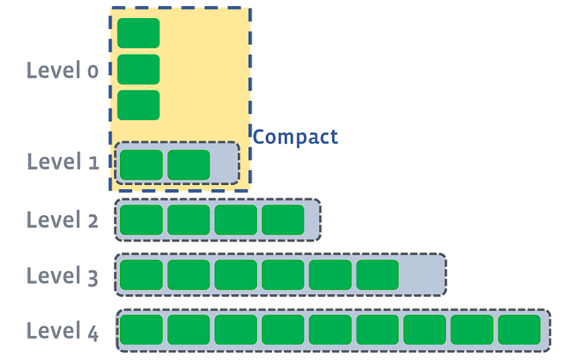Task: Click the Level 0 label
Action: tap(62, 70)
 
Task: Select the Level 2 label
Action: tap(62, 220)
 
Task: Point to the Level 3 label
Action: tap(62, 276)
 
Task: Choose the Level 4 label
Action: tap(62, 331)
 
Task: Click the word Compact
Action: tap(295, 137)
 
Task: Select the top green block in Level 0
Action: tap(138, 33)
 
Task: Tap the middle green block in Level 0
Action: tap(138, 69)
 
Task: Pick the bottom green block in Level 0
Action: tap(138, 105)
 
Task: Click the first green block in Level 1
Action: tap(141, 165)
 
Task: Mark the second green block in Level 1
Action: tap(188, 165)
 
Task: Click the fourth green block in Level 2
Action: tap(283, 220)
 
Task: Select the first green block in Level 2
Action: tap(141, 220)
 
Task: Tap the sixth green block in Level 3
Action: tap(377, 275)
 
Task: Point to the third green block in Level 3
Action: tap(236, 275)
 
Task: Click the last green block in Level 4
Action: tap(519, 330)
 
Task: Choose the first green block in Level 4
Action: tap(141, 330)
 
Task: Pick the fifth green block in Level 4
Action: tap(330, 330)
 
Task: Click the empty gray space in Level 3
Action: tap(422, 275)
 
